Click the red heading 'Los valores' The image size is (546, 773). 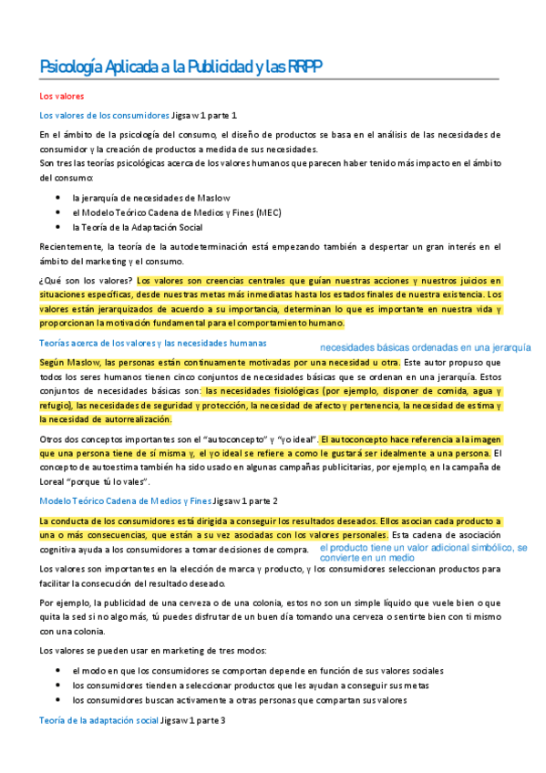62,96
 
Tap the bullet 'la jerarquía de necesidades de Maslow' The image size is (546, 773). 151,197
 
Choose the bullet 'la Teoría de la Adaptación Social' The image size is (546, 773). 138,226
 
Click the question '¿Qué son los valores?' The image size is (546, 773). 87,280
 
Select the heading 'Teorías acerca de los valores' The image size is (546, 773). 153,343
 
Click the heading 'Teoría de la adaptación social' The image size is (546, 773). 98,720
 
